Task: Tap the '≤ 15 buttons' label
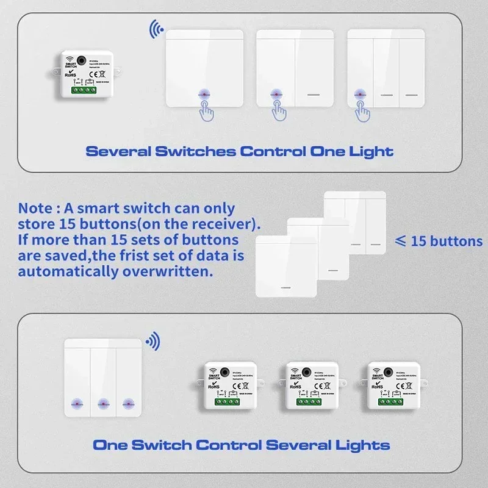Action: pyautogui.click(x=438, y=241)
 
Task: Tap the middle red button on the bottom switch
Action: pyautogui.click(x=102, y=403)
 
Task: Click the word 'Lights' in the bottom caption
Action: pyautogui.click(x=359, y=445)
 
